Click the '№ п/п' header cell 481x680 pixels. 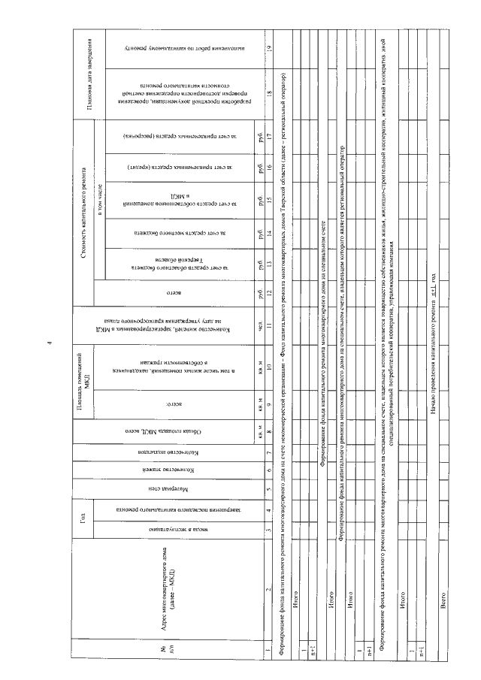[x=161, y=650]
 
